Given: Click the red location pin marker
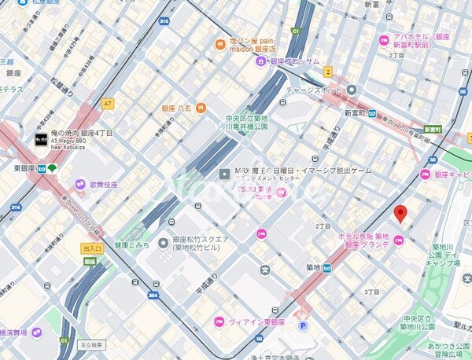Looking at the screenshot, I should (400, 213).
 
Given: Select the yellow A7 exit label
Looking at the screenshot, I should (108, 103).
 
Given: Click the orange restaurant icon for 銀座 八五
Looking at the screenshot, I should (201, 108).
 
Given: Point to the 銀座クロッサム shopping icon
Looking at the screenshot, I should (260, 61).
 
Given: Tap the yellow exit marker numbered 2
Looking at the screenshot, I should (328, 72).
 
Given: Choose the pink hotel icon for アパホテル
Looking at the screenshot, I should (383, 40).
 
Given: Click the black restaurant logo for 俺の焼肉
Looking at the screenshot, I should (41, 141).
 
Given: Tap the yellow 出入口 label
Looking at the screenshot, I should (91, 248).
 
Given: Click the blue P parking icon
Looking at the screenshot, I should (303, 325).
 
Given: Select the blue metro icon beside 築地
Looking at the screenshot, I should (326, 267).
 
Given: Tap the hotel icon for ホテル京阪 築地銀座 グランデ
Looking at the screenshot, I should (398, 240).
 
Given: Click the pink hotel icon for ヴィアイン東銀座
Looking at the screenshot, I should (219, 321).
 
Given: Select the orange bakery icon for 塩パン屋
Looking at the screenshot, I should (220, 43).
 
